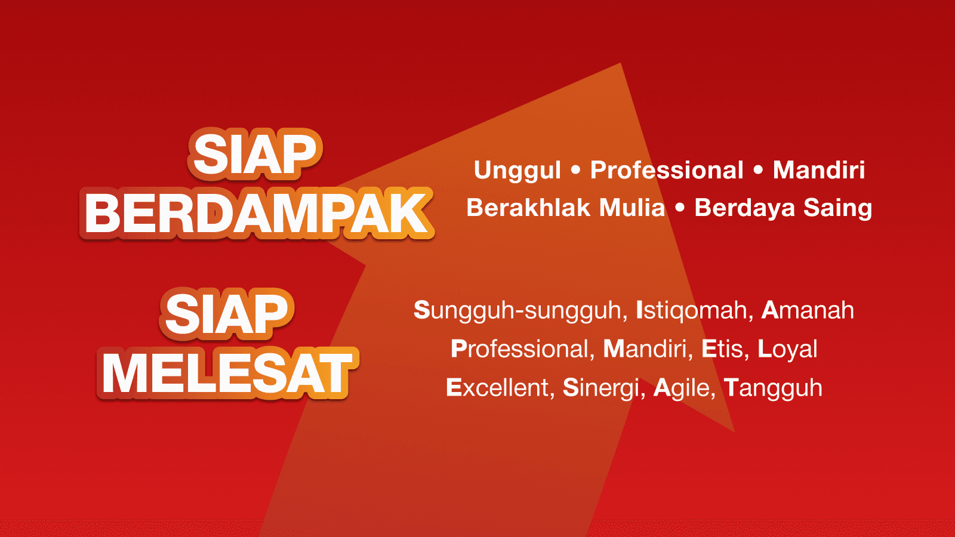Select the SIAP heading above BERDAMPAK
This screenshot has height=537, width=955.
[x=255, y=154]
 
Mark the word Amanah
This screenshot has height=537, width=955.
[x=808, y=310]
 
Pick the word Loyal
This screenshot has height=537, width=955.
[x=787, y=350]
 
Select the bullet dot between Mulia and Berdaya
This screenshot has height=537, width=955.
[x=680, y=208]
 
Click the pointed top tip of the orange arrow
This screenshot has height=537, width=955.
[x=620, y=63]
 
